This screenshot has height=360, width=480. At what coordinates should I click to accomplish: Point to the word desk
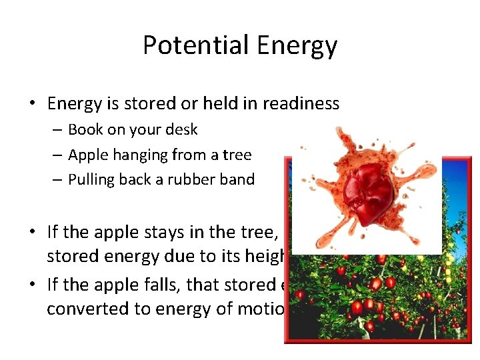coord(182,129)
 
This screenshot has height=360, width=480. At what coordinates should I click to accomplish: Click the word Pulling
coord(89,179)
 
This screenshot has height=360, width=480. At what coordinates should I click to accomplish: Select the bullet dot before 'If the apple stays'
coord(32,233)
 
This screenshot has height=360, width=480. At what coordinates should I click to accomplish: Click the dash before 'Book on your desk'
coord(57,130)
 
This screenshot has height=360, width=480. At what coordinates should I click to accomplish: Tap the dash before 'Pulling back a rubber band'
coord(57,180)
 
